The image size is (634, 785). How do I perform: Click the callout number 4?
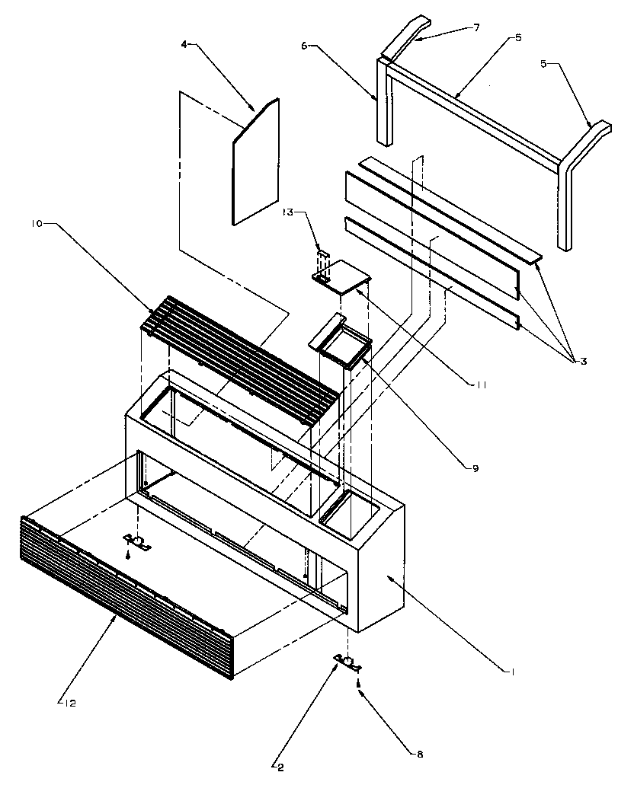coord(184,45)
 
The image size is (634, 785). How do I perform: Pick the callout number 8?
coord(419,755)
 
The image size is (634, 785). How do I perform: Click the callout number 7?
coord(476,27)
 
